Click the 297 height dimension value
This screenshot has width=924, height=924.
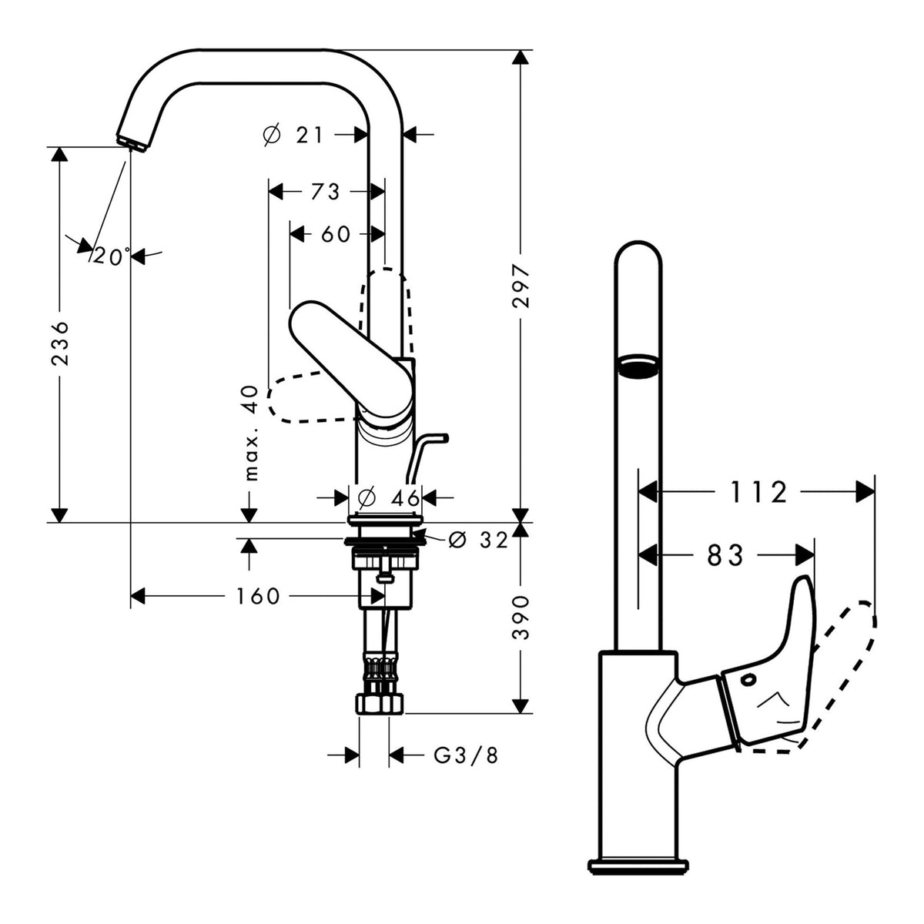[521, 286]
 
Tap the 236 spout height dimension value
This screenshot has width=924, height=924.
[60, 343]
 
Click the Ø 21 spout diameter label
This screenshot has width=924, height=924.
[293, 136]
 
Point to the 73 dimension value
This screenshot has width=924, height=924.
[326, 192]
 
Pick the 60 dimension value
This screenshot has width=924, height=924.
[336, 234]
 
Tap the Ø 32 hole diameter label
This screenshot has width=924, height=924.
[478, 541]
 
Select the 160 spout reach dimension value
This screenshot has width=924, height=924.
[258, 597]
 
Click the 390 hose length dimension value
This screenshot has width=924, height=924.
[521, 618]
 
